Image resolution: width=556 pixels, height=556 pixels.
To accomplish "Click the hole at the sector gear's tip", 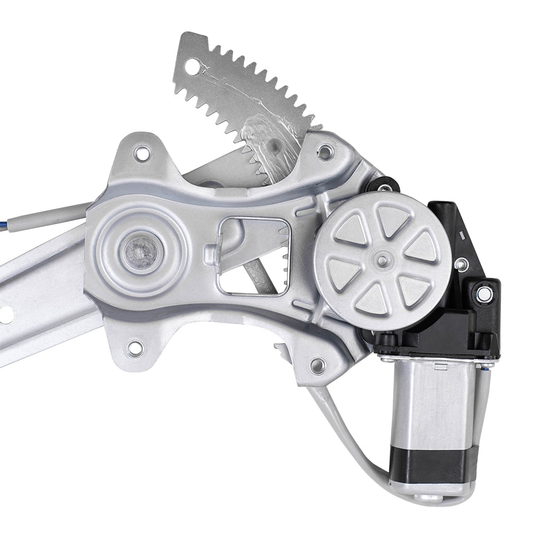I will [x=192, y=67].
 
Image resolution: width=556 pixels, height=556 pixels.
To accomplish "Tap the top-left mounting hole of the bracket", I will [x=143, y=153].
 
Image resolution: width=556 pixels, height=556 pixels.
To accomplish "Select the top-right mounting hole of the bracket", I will [x=325, y=151].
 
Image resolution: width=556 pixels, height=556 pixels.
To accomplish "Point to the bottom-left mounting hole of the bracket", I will [x=135, y=349].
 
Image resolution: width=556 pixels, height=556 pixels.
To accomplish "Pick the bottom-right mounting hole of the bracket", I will [x=317, y=365].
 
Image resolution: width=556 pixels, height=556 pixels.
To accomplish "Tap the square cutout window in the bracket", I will [x=254, y=256].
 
